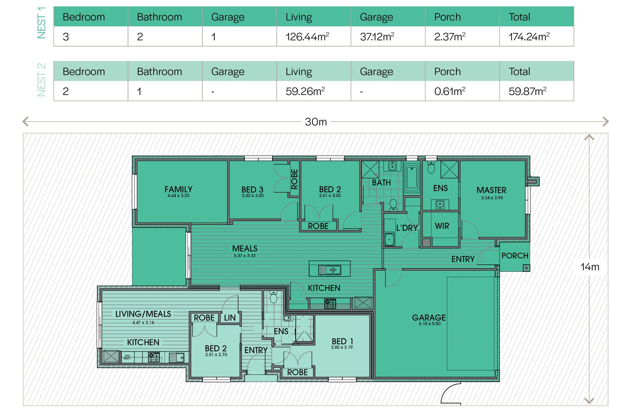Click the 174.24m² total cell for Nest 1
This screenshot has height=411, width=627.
[x=529, y=36]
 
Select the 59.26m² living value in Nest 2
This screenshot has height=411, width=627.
[x=305, y=91]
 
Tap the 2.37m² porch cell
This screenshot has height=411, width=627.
[x=450, y=36]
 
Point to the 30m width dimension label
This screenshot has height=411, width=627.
[x=316, y=122]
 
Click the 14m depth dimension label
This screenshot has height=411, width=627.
[x=589, y=267]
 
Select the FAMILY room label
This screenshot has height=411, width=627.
[x=178, y=189]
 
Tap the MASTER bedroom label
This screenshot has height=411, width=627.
[x=491, y=190]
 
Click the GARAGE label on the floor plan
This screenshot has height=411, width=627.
[x=429, y=317]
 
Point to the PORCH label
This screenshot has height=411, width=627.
[x=515, y=256]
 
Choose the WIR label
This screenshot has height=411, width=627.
[x=442, y=226]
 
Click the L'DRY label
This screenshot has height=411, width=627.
[x=407, y=228]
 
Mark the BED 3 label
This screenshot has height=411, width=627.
[x=252, y=190]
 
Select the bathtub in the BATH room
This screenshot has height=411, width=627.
[x=412, y=178]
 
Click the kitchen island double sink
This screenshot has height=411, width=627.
[x=330, y=270]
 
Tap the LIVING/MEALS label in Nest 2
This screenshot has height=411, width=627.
[x=143, y=314]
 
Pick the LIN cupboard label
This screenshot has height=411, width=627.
[x=230, y=318]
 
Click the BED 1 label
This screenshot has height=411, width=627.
[x=342, y=341]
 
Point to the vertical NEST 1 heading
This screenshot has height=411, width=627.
[x=41, y=22]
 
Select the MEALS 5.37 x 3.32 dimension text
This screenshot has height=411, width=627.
[x=245, y=256]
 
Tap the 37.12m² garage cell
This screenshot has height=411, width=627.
[x=377, y=36]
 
